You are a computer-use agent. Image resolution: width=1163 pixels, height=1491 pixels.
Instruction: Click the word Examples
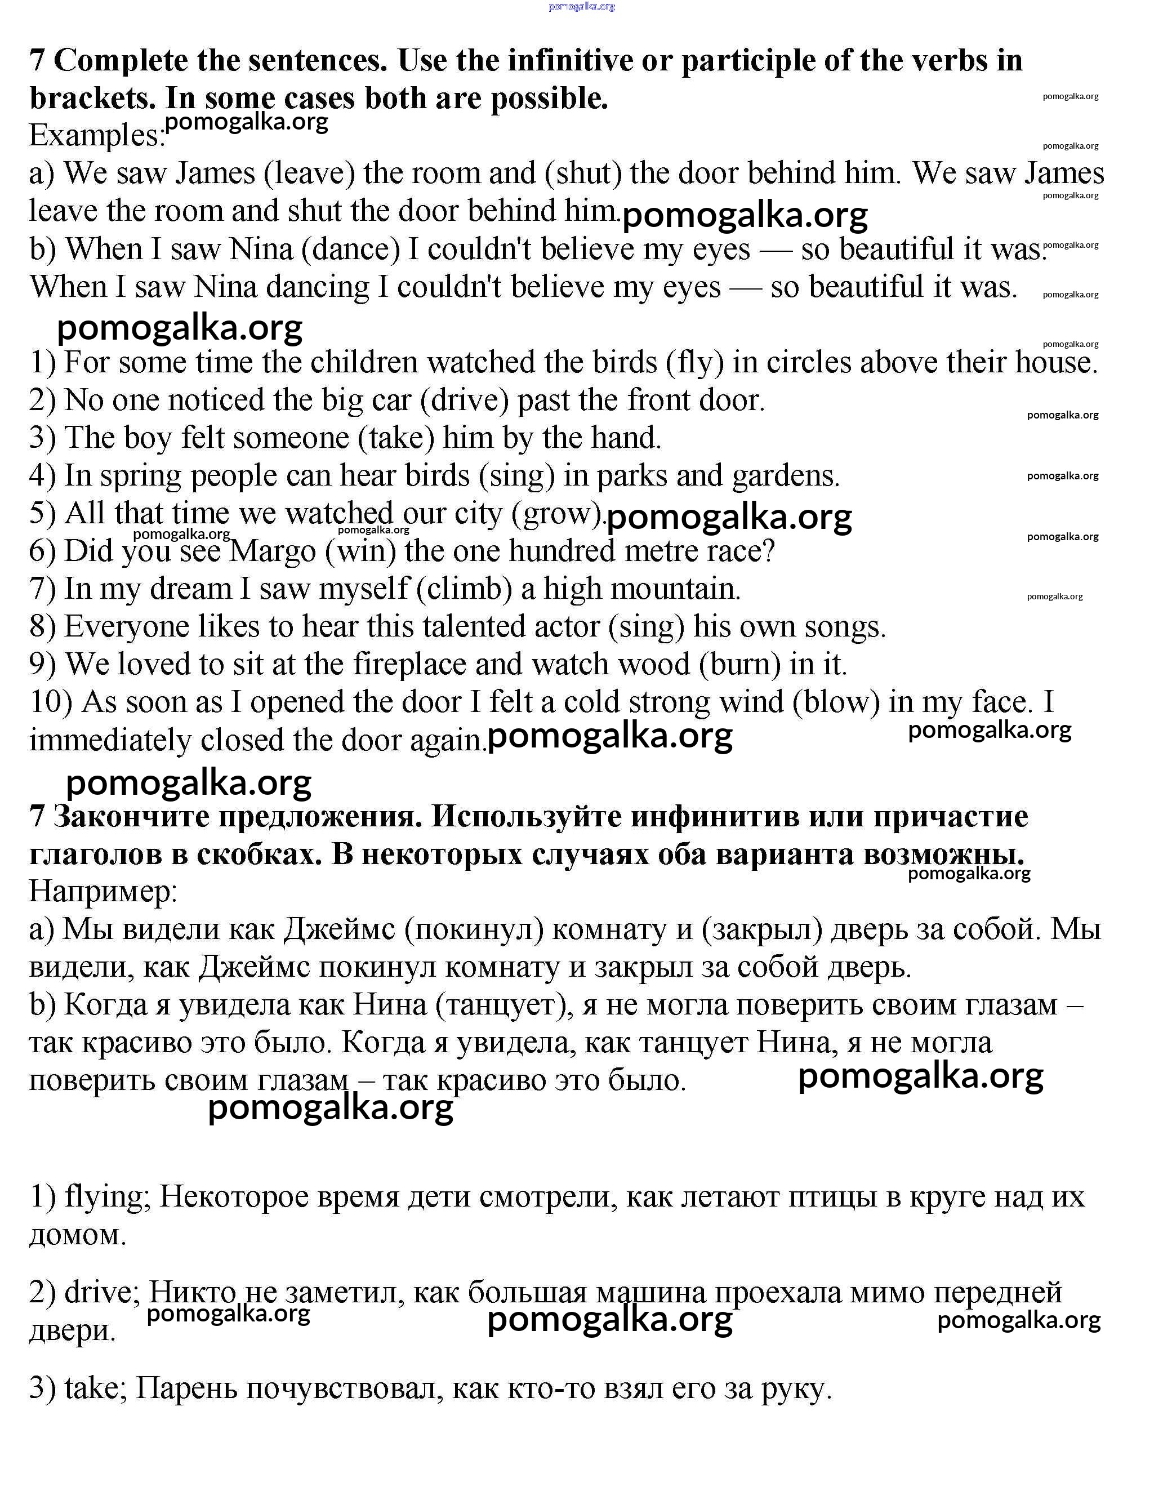click(x=96, y=135)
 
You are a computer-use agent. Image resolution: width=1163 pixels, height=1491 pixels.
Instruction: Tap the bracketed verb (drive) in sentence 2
click(x=465, y=400)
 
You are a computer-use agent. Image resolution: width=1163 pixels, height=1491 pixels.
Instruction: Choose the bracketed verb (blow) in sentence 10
click(x=836, y=702)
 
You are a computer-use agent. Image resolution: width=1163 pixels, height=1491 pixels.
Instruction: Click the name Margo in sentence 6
click(x=273, y=551)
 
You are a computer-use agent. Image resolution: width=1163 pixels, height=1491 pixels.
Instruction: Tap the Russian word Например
click(x=103, y=892)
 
